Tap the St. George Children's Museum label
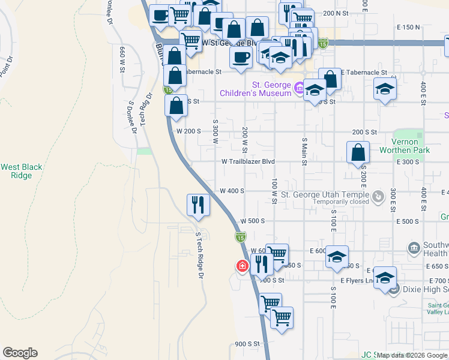[256, 89]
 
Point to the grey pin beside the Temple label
[378, 196]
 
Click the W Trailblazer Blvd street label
[248, 161]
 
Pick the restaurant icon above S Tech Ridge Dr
[197, 205]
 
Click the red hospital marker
[243, 265]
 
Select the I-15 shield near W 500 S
[240, 238]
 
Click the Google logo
[20, 353]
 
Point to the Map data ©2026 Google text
[412, 355]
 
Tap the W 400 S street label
[232, 191]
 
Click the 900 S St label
[247, 344]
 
